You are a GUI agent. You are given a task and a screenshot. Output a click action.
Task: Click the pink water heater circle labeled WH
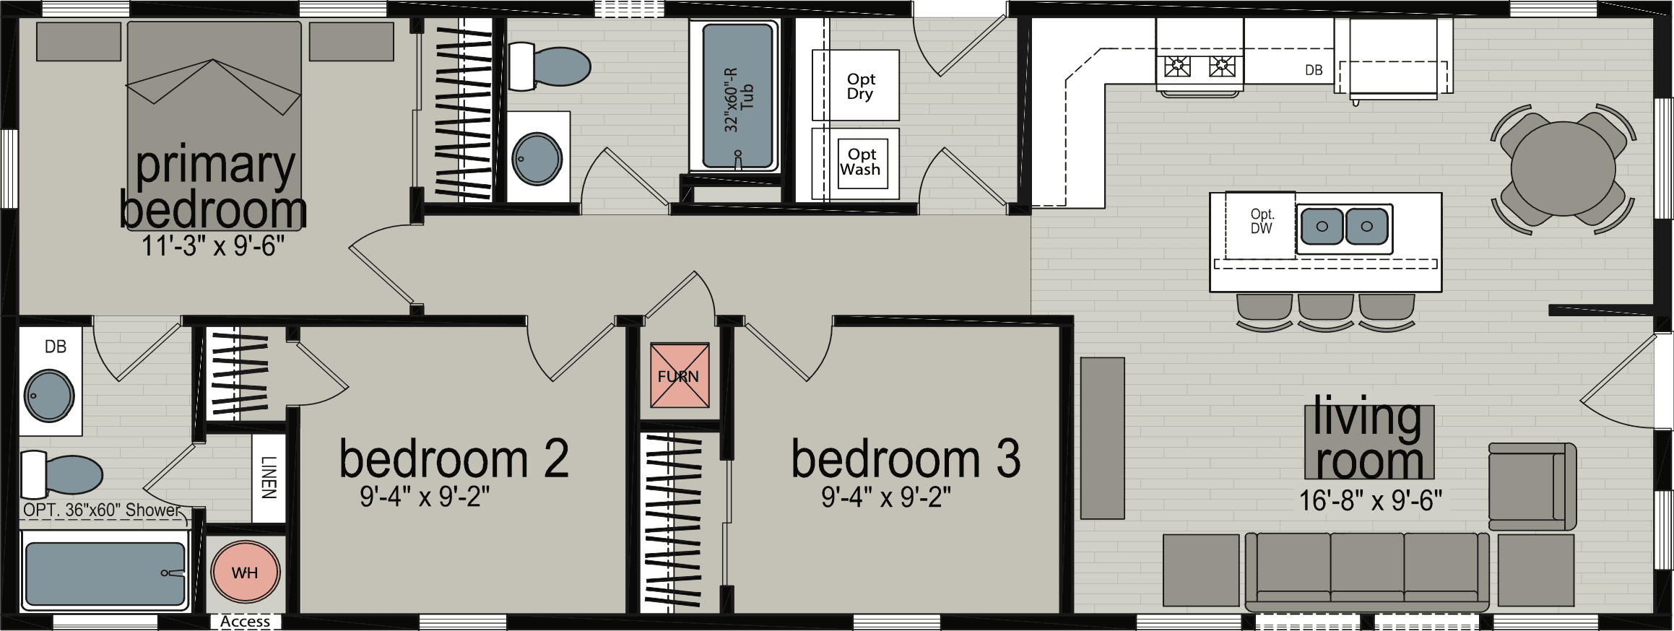click(245, 573)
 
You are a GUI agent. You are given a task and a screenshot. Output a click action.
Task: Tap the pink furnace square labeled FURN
click(679, 375)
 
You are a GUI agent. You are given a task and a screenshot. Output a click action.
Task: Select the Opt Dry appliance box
click(856, 85)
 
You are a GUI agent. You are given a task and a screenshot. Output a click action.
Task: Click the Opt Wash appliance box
click(861, 163)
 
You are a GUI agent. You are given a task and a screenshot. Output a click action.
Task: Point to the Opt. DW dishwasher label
click(1262, 222)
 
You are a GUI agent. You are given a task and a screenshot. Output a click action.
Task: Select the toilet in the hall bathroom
click(550, 66)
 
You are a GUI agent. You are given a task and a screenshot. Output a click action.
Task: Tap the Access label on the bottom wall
click(245, 622)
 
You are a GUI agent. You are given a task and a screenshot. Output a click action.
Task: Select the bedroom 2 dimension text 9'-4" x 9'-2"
click(425, 497)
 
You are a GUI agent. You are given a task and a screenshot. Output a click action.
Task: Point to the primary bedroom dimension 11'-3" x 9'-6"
click(213, 247)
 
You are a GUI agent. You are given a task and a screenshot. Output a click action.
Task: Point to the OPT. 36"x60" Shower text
click(101, 510)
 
